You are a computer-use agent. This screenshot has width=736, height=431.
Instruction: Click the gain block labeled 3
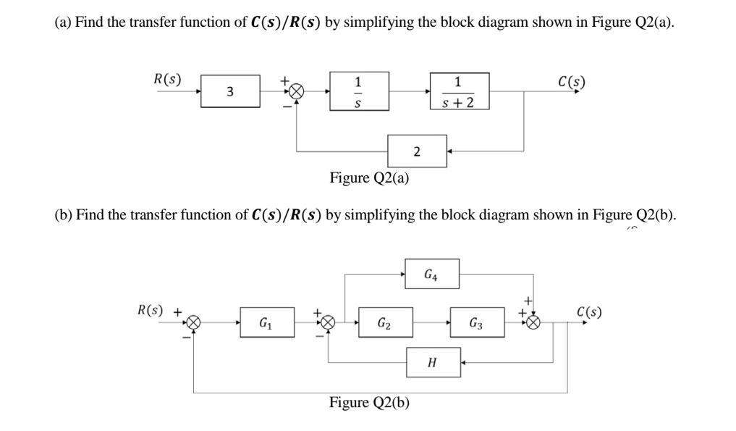pos(230,91)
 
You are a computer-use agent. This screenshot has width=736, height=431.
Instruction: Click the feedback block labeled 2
pos(416,151)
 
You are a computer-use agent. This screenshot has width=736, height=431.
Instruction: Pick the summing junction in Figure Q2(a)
pos(296,91)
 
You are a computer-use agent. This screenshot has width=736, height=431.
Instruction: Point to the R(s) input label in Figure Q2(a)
pos(167,78)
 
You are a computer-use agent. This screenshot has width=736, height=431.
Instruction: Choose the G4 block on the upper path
pos(431,275)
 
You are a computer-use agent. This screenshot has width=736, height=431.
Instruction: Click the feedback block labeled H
pos(431,361)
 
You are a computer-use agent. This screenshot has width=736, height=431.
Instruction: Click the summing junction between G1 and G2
pos(328,322)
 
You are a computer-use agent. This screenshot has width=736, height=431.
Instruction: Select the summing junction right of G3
pos(534,322)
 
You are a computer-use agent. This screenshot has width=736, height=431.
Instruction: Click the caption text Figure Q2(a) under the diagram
pos(369,177)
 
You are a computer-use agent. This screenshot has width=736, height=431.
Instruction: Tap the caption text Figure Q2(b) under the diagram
pos(369,402)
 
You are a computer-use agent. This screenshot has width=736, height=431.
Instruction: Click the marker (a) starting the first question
pos(63,22)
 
